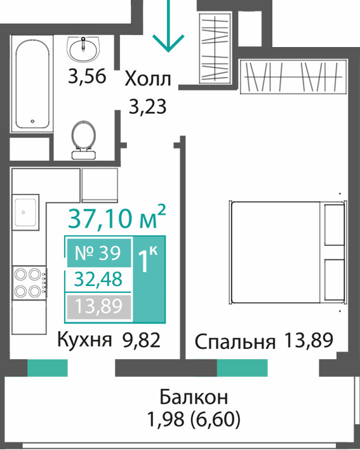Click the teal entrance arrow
click(x=168, y=26)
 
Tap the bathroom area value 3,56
click(x=87, y=76)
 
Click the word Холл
click(x=148, y=79)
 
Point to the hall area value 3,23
click(x=147, y=107)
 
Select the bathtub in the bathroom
click(x=32, y=84)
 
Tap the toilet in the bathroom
click(x=83, y=140)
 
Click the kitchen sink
click(x=25, y=212)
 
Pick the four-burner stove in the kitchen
click(x=29, y=283)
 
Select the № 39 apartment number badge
click(x=98, y=253)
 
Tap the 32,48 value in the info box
click(x=98, y=279)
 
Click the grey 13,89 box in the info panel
click(x=99, y=306)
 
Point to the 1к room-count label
click(x=148, y=259)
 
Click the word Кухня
click(x=84, y=341)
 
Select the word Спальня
click(x=235, y=341)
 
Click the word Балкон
click(x=194, y=397)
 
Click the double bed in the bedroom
click(x=288, y=252)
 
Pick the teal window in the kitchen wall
click(x=47, y=367)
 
